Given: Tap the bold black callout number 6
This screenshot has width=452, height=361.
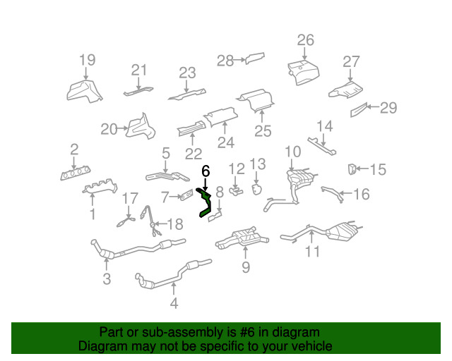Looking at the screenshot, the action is click(x=206, y=171).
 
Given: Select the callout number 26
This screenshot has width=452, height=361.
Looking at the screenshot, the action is click(x=305, y=39).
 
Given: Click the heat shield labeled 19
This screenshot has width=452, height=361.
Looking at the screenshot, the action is click(x=84, y=91).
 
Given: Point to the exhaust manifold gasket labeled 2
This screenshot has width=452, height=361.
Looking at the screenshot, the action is click(x=76, y=173).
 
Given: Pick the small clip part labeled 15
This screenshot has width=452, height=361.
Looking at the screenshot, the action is click(x=352, y=169).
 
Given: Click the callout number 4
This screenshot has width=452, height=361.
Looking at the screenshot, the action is click(x=174, y=303).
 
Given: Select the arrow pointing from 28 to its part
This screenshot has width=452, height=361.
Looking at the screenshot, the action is click(x=239, y=60).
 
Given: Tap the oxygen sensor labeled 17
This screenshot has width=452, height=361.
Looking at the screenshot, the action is click(x=126, y=222).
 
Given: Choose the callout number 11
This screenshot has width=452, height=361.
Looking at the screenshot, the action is click(x=312, y=251).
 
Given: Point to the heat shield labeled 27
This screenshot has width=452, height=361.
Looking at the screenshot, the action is click(x=345, y=90).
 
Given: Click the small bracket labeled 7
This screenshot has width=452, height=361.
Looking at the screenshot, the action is click(x=186, y=195).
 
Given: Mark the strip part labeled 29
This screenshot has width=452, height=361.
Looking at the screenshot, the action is click(x=359, y=110).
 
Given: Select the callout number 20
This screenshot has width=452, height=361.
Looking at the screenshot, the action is click(x=109, y=129).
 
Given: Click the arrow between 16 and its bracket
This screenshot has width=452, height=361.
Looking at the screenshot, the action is click(x=347, y=193).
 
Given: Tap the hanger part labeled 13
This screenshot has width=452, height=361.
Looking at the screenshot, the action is click(x=256, y=189).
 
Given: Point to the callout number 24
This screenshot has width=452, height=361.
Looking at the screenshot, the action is click(x=226, y=142).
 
